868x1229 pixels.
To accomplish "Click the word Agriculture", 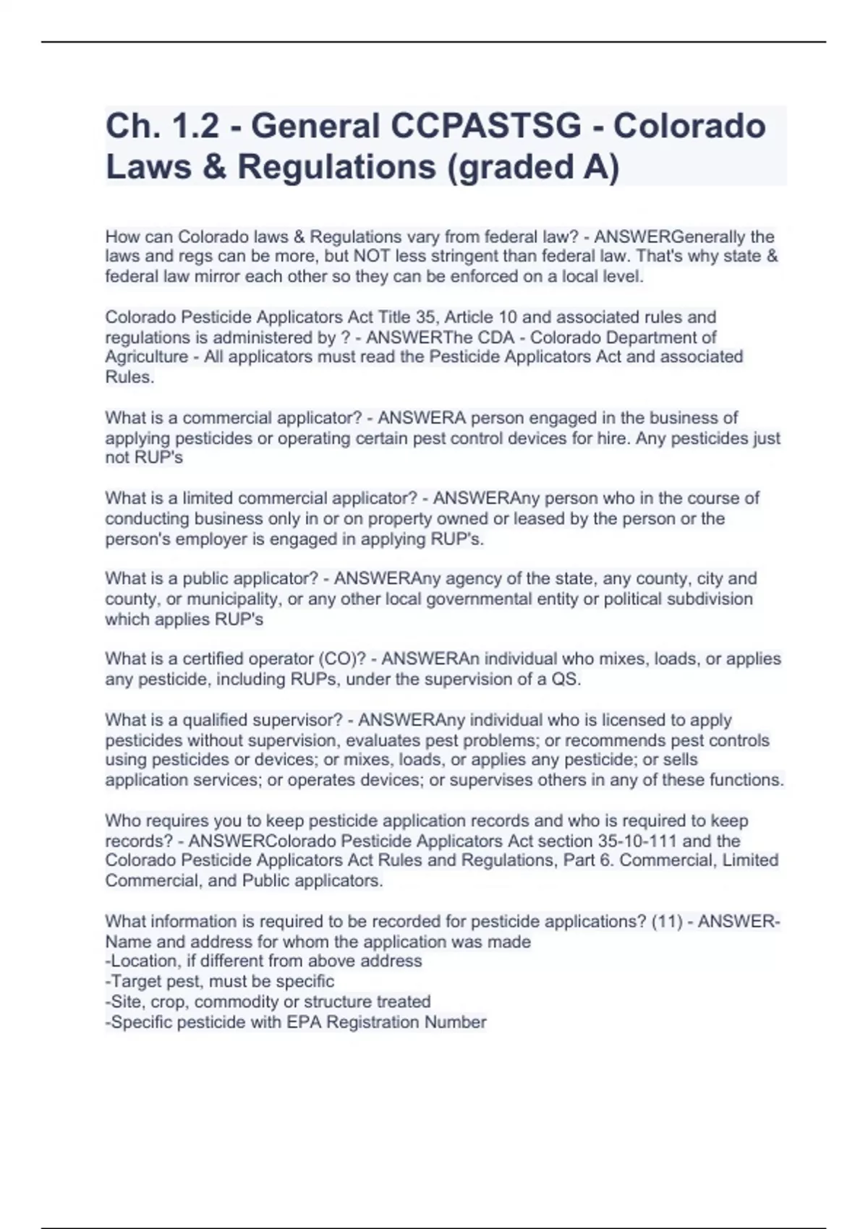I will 147,357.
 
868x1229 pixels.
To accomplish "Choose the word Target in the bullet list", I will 136,982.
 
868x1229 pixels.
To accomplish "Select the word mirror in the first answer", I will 216,277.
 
